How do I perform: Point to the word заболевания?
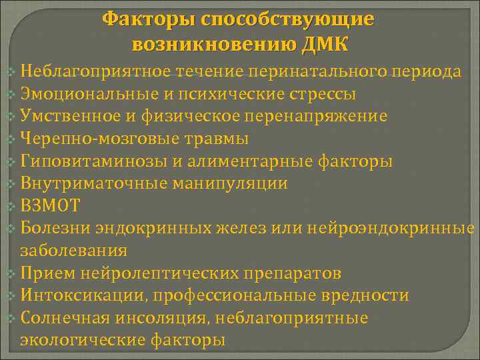[74, 251]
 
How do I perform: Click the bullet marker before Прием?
[10, 274]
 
